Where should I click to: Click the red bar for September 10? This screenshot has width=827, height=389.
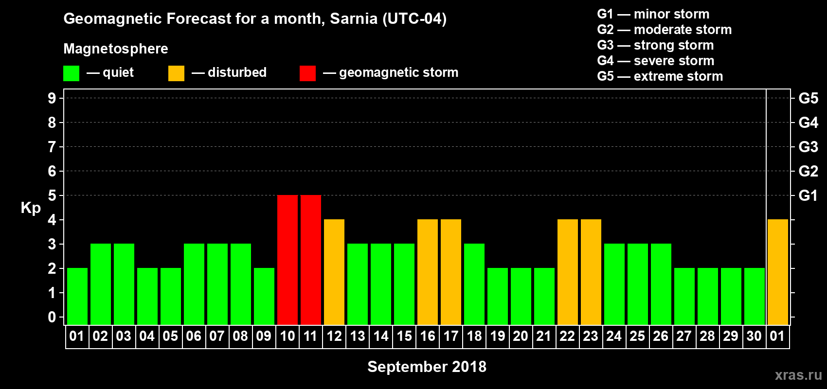[288, 260]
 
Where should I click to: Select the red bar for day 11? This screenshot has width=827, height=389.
[311, 260]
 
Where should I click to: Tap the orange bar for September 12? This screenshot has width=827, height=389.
[334, 272]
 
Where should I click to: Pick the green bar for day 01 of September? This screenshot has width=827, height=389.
[77, 296]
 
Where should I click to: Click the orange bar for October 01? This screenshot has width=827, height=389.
[778, 272]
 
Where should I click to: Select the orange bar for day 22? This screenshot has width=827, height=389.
[568, 272]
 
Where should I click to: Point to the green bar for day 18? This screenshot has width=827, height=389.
[474, 284]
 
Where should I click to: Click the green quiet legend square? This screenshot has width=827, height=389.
[71, 73]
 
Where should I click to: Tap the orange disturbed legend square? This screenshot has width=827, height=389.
[176, 73]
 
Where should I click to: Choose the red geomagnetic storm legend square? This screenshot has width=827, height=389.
[307, 73]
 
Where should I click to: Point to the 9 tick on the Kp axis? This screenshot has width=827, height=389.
[52, 98]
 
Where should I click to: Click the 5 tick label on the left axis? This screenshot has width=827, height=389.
[52, 195]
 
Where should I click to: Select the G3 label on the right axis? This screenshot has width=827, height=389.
[808, 147]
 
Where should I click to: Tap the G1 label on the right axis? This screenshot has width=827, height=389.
[808, 195]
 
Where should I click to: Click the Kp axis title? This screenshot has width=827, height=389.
[31, 208]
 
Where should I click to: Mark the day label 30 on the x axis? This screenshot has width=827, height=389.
[754, 336]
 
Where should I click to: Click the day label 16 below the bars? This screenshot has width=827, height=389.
[428, 336]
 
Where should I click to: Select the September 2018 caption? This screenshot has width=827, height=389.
[427, 367]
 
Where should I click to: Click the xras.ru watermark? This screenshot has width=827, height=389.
[798, 375]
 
